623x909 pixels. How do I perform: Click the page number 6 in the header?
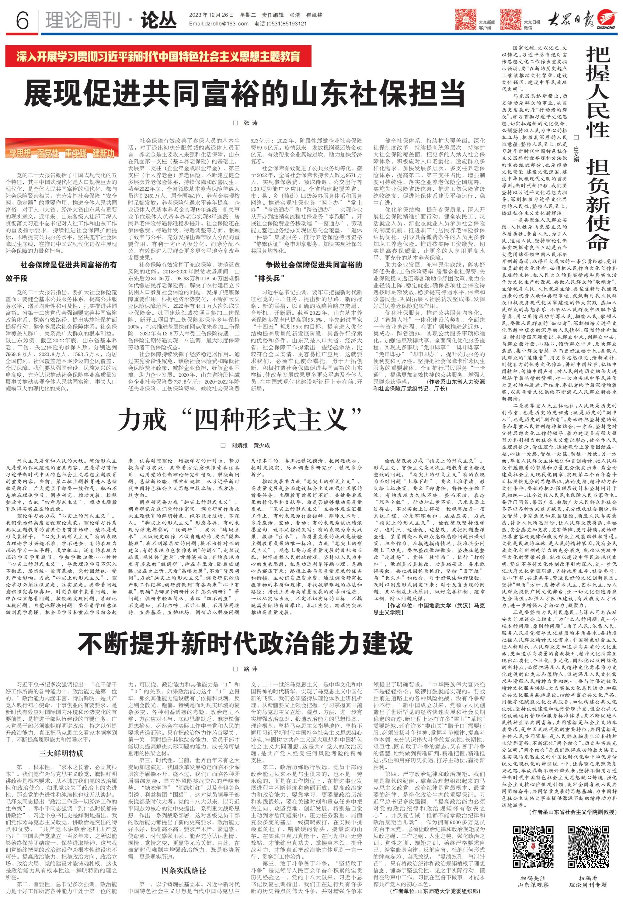(22, 20)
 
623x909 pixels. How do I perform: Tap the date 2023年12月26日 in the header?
(211, 15)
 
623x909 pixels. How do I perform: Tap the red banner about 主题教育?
(158, 57)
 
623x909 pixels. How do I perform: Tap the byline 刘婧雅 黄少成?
(250, 445)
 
